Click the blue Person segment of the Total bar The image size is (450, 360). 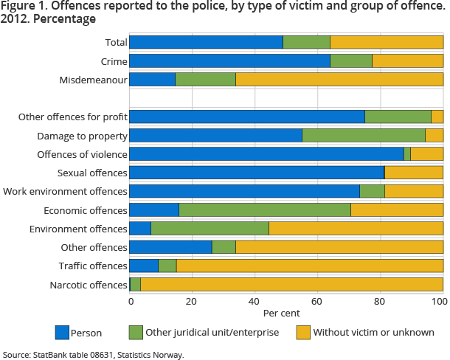(206, 42)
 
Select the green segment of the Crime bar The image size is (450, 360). (350, 60)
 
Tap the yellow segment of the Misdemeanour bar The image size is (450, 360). (339, 79)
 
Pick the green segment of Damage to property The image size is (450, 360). (364, 135)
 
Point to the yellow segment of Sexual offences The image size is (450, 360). (414, 172)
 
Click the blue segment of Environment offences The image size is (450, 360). (140, 229)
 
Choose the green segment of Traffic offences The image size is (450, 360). (167, 266)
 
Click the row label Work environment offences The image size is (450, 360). (65, 191)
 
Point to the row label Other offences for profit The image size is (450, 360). (72, 117)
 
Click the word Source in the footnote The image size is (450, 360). (15, 355)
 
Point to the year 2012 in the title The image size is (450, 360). (17, 19)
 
